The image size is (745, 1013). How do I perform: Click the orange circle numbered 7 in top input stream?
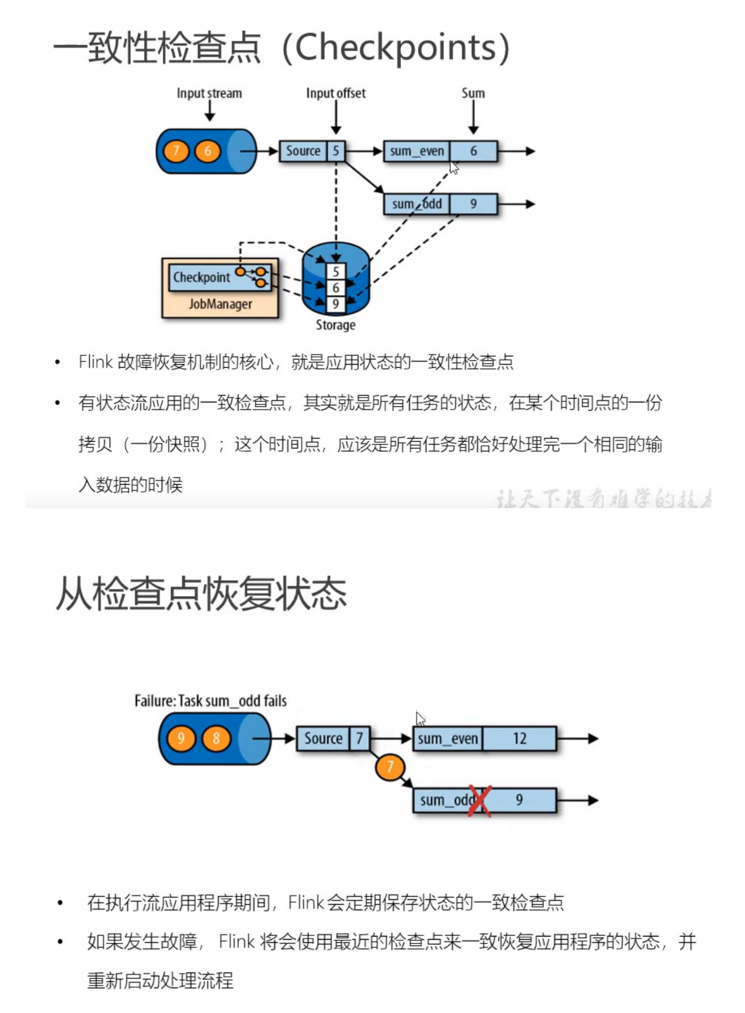[x=176, y=151]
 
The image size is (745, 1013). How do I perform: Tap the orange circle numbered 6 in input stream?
[x=207, y=151]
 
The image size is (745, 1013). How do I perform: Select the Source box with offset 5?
[x=304, y=151]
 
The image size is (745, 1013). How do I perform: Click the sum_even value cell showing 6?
[x=473, y=151]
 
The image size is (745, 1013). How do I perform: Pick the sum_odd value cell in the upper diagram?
[x=473, y=204]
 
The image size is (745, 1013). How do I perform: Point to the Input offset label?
[x=336, y=94]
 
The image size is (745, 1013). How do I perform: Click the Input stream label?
[x=209, y=94]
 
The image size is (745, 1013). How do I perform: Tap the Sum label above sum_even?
[x=473, y=94]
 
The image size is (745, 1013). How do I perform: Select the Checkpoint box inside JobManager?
[x=202, y=277]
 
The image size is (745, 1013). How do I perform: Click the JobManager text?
[x=220, y=304]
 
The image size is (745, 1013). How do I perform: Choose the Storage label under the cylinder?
[x=336, y=325]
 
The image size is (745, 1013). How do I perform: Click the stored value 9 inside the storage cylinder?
[x=336, y=304]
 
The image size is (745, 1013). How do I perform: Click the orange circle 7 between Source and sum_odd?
[x=390, y=767]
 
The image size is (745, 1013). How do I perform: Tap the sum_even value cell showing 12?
[x=519, y=739]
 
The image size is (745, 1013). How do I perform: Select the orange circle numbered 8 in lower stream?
[x=216, y=739]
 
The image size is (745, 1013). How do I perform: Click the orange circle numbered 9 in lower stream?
[x=182, y=739]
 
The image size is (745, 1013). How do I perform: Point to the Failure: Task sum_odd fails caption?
[x=211, y=701]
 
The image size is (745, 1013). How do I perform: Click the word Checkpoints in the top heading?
[x=396, y=47]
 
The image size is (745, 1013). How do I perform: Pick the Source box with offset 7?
[x=323, y=739]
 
